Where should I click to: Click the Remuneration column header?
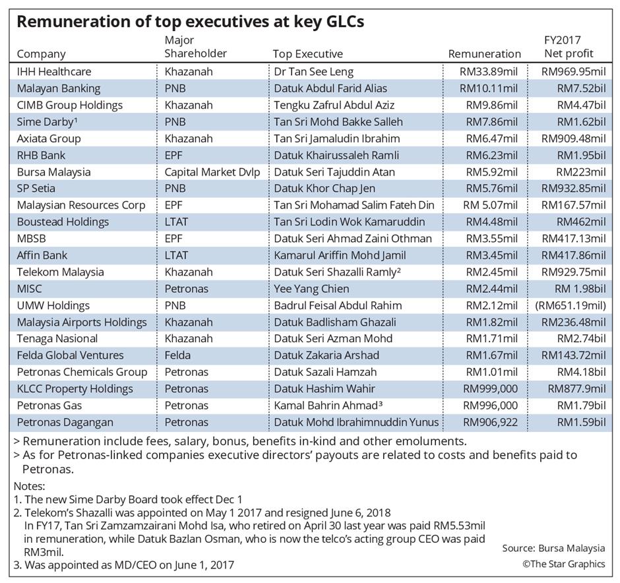click(x=484, y=54)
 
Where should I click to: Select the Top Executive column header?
click(x=307, y=54)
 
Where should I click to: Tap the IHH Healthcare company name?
click(x=54, y=71)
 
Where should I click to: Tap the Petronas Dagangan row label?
click(x=65, y=422)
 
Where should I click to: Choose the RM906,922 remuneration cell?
click(x=490, y=422)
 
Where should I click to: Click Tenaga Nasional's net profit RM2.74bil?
click(x=581, y=339)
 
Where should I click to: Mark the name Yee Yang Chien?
click(x=311, y=288)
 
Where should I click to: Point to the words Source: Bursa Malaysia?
click(x=553, y=548)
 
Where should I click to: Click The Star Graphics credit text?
click(x=563, y=564)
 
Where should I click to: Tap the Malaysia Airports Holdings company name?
click(x=82, y=322)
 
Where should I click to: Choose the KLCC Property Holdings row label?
click(x=75, y=389)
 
